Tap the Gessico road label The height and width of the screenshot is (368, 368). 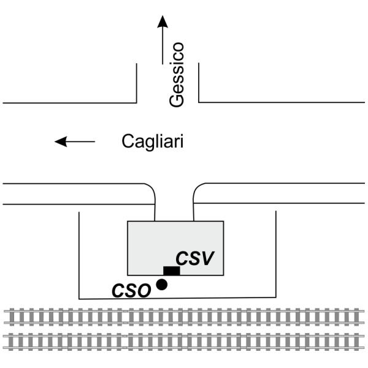click(x=177, y=75)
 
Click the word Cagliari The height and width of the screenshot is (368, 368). click(x=153, y=142)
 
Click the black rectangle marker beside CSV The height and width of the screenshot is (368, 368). click(x=171, y=270)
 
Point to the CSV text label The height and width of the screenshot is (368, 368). click(x=194, y=258)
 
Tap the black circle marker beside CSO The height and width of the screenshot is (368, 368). click(x=162, y=284)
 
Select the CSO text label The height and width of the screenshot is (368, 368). click(x=131, y=290)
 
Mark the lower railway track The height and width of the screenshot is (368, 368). click(x=184, y=340)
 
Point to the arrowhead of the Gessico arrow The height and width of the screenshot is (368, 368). click(x=162, y=21)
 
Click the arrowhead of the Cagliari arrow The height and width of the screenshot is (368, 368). click(x=60, y=142)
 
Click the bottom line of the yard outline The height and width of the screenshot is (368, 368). click(x=178, y=299)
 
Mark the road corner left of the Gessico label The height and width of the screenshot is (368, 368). click(x=136, y=102)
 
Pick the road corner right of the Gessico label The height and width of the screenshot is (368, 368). click(x=199, y=102)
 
